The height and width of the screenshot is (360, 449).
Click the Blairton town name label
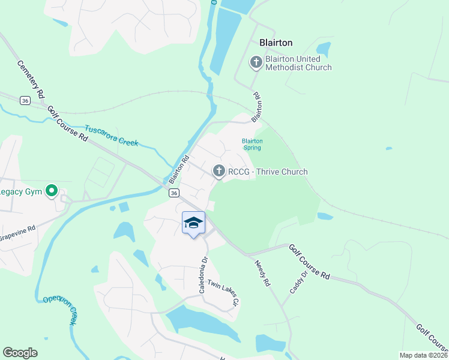click(x=276, y=43)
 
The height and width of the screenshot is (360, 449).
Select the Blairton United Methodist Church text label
click(x=298, y=63)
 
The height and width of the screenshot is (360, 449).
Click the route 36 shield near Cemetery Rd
click(x=25, y=100)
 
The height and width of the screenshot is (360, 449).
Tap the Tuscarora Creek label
click(x=111, y=136)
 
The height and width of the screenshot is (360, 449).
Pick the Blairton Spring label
click(x=252, y=144)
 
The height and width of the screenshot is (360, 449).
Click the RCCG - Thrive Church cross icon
click(x=218, y=172)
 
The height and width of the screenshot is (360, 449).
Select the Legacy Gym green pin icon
click(x=52, y=192)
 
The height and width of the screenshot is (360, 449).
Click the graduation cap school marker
click(x=193, y=223)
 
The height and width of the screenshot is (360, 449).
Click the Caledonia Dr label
click(x=204, y=277)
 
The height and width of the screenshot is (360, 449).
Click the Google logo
click(x=20, y=353)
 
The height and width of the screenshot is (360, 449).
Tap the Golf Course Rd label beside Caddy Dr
click(x=309, y=262)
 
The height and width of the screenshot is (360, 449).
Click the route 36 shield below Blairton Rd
click(x=173, y=193)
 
